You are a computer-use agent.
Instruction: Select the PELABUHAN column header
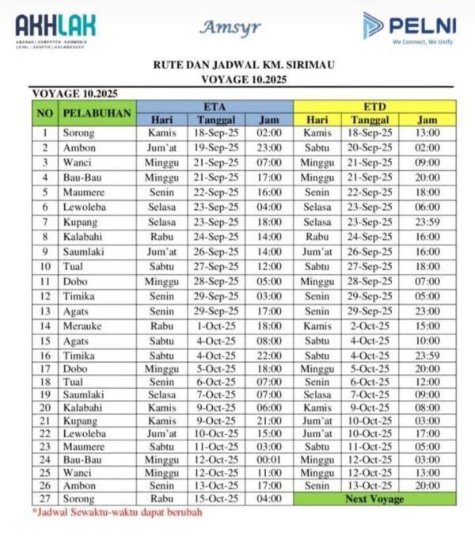[x=97, y=113]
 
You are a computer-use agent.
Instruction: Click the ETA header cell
[x=215, y=106]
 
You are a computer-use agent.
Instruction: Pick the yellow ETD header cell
[x=374, y=106]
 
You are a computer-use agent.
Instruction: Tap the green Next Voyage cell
[x=374, y=499]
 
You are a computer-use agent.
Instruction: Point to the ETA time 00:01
[x=269, y=459]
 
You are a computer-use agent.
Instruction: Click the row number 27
[x=45, y=499]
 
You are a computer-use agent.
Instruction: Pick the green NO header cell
[x=45, y=113]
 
